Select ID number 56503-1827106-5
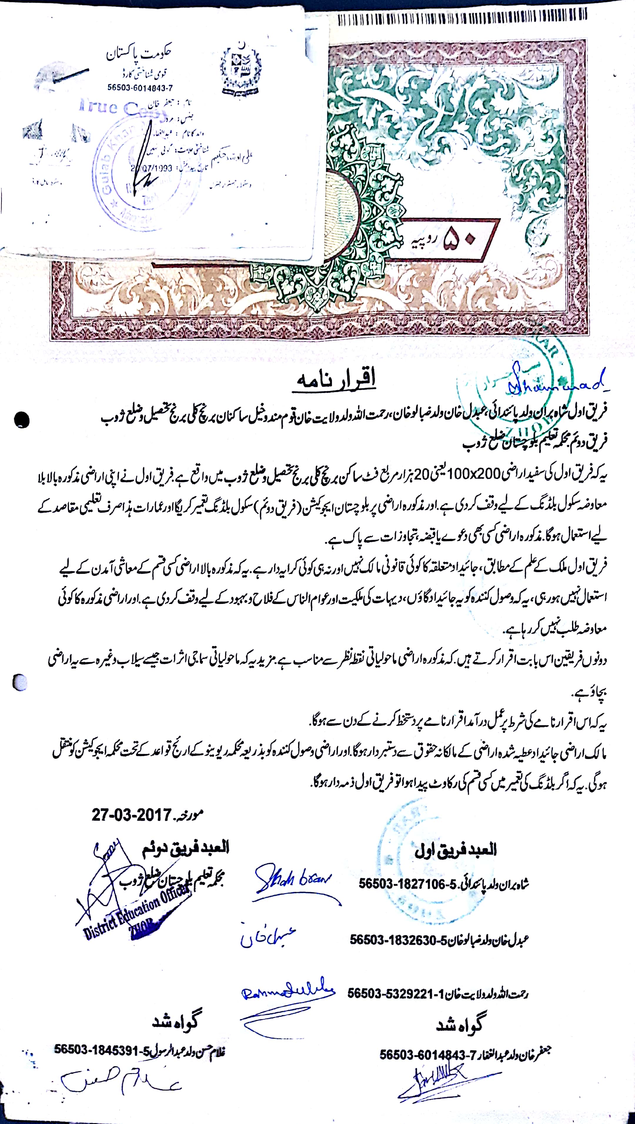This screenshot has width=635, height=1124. [407, 884]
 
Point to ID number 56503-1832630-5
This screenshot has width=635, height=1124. [398, 939]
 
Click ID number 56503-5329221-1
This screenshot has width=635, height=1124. [396, 994]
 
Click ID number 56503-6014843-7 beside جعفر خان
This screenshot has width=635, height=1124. [427, 1055]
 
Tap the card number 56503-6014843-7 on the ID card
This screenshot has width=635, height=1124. [140, 88]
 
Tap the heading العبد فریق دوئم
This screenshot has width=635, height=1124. [185, 847]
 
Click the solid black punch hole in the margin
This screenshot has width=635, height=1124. [21, 420]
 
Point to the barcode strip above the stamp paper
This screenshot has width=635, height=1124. [462, 18]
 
